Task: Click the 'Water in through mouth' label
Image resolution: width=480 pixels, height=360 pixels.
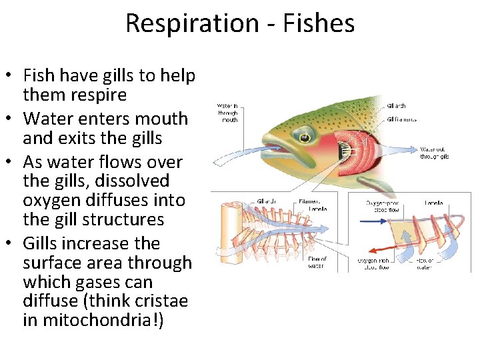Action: pos(228,113)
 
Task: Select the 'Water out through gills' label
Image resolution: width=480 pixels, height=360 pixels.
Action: pos(435,153)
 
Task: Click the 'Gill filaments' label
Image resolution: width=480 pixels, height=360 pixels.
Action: pos(401,119)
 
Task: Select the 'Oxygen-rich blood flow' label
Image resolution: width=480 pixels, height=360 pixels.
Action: pos(374,264)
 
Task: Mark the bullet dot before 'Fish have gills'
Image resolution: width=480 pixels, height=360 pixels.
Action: pos(12,76)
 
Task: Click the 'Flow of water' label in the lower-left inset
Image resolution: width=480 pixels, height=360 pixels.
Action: pos(316,263)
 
